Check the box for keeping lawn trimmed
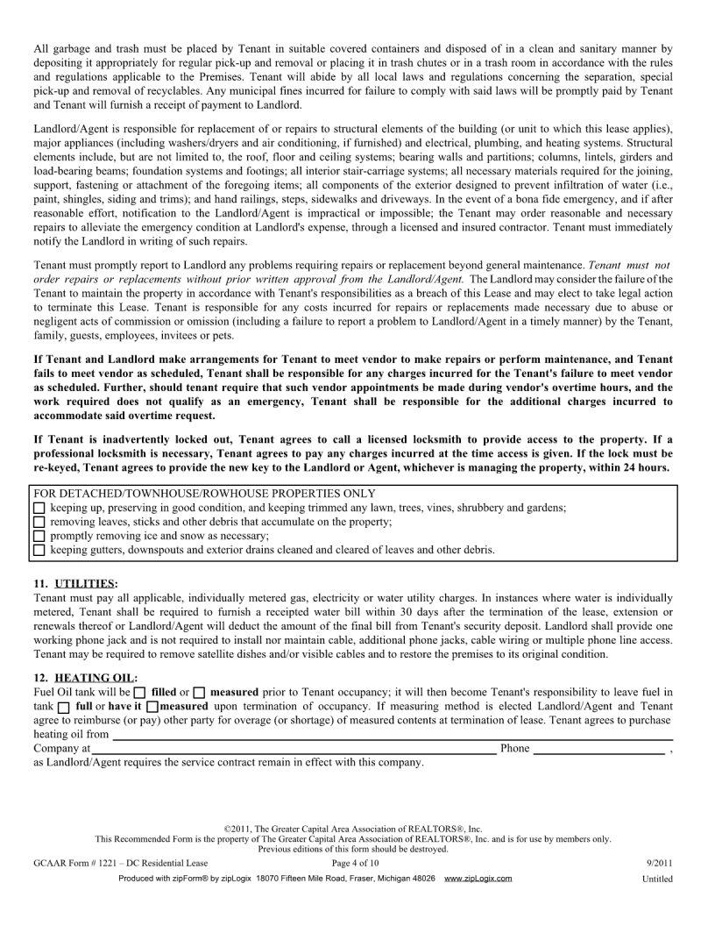click(39, 508)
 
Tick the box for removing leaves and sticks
click(39, 522)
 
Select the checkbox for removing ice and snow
click(39, 536)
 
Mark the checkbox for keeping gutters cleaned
click(39, 550)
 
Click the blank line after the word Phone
click(598, 748)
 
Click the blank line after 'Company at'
click(294, 748)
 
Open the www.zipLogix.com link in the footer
click(478, 878)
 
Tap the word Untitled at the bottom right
click(656, 878)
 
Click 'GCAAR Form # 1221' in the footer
click(83, 863)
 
